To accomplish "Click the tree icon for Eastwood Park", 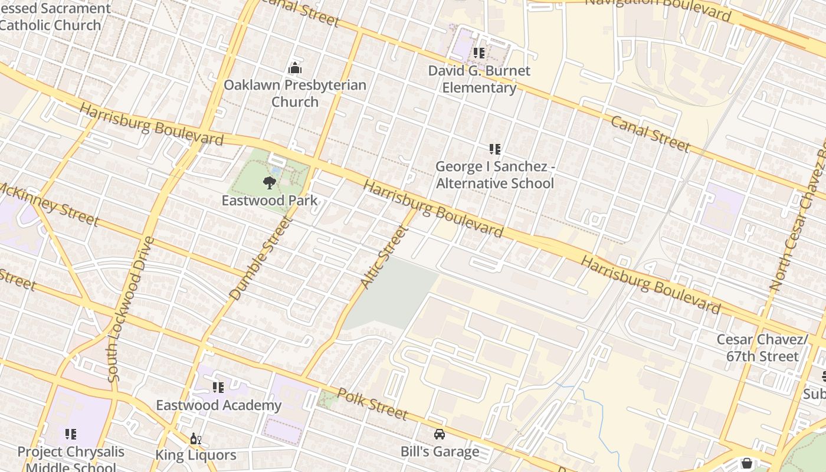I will click(270, 182).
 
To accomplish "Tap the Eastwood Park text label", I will click(270, 201).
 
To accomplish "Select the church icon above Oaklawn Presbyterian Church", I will click(295, 68).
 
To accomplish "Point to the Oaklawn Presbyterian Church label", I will click(295, 93).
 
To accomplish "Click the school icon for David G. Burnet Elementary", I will click(479, 53).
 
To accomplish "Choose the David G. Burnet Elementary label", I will click(479, 79).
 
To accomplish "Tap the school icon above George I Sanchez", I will click(495, 149).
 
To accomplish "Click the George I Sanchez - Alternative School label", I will click(495, 175).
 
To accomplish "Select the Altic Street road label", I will click(384, 257).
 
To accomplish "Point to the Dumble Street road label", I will click(261, 258).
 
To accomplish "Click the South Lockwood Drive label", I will click(132, 309).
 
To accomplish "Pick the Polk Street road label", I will click(372, 404).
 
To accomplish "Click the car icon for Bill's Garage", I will click(440, 435).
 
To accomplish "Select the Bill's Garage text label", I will click(440, 452).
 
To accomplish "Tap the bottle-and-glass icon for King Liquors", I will click(195, 438).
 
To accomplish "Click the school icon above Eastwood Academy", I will click(218, 388).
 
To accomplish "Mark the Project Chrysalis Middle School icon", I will click(71, 435).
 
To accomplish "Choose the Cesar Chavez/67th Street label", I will click(762, 348).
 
